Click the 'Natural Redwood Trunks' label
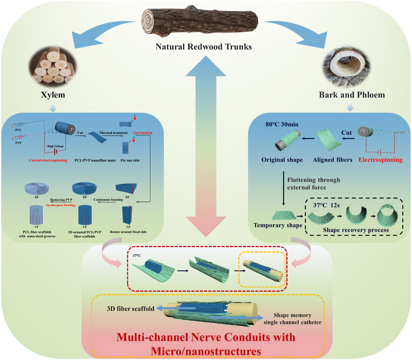(204, 47)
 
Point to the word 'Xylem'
(53, 95)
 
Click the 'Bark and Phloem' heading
(352, 95)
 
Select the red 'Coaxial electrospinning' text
(48, 160)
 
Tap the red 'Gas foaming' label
(143, 133)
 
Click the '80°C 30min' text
(282, 124)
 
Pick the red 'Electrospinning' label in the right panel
(381, 160)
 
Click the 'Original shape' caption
(282, 160)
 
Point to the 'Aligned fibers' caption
(332, 160)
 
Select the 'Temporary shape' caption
(278, 225)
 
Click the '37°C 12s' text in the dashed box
(326, 205)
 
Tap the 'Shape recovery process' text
(356, 230)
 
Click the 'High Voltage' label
(55, 146)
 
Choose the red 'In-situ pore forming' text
(61, 205)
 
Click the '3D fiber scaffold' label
(130, 309)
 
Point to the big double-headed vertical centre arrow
(206, 146)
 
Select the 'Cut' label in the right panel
(346, 133)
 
